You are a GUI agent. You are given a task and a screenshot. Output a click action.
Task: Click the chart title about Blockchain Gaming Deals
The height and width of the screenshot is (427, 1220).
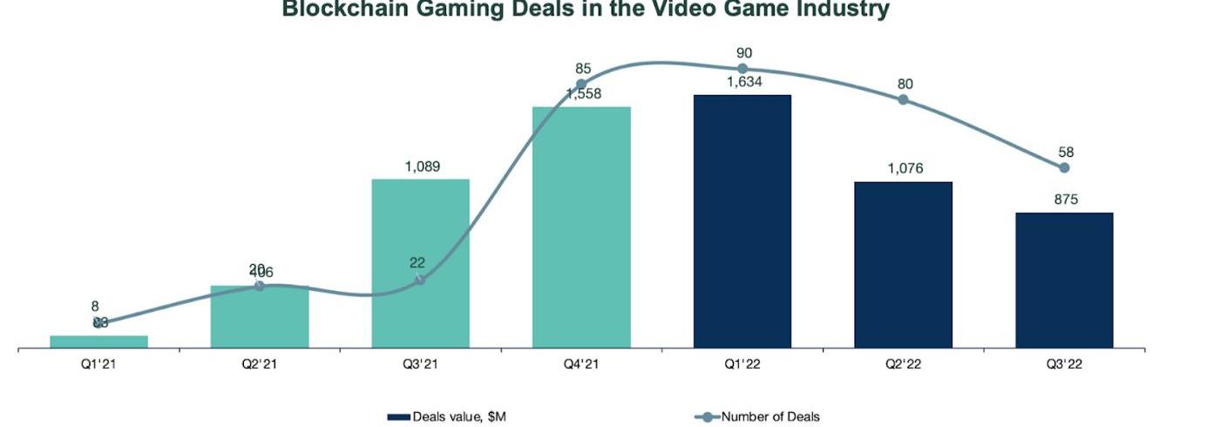pyautogui.click(x=585, y=10)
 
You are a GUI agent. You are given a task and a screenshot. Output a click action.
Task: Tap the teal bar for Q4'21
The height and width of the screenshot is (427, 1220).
pyautogui.click(x=581, y=227)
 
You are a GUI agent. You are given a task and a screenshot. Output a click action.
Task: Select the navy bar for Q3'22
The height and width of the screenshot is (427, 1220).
pyautogui.click(x=1064, y=280)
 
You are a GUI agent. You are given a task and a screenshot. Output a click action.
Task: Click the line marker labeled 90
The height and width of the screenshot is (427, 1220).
pyautogui.click(x=742, y=69)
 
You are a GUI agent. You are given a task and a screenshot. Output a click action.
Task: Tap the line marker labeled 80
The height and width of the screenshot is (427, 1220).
pyautogui.click(x=903, y=99)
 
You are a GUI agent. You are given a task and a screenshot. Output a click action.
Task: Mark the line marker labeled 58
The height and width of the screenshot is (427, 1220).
pyautogui.click(x=1064, y=167)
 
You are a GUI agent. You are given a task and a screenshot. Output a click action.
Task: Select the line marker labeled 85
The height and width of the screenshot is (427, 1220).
pyautogui.click(x=581, y=85)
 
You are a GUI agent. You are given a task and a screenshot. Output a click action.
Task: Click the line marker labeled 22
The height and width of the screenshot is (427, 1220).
pyautogui.click(x=420, y=280)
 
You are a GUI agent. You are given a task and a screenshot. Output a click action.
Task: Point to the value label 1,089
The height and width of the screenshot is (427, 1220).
pyautogui.click(x=420, y=166)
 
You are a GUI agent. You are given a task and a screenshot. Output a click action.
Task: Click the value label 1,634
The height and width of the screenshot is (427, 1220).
pyautogui.click(x=742, y=84)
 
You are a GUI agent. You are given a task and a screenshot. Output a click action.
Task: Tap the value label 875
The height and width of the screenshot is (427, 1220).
pyautogui.click(x=1064, y=200)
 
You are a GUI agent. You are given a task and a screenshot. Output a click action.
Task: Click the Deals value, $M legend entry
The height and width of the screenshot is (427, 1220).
pyautogui.click(x=447, y=417)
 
